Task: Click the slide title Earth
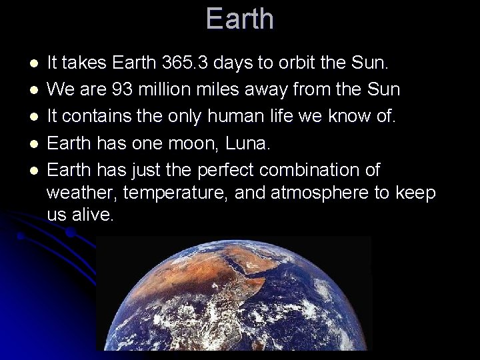click(x=239, y=19)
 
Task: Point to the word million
click(x=164, y=89)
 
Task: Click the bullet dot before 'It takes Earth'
click(x=34, y=64)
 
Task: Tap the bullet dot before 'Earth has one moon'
click(x=34, y=144)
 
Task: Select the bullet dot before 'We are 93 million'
click(x=34, y=90)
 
